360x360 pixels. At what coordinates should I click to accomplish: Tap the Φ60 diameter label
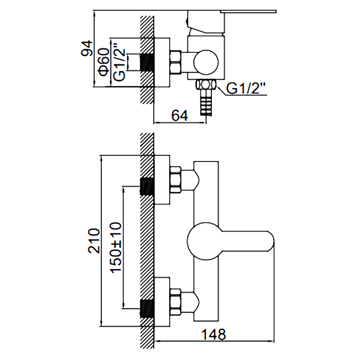click(103, 62)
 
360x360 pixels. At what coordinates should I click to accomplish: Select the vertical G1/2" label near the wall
click(119, 61)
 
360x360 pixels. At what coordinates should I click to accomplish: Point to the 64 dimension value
click(179, 116)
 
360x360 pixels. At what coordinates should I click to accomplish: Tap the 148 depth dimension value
click(214, 334)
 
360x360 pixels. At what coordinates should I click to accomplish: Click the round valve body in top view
click(207, 63)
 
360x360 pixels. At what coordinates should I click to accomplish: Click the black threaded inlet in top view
click(148, 63)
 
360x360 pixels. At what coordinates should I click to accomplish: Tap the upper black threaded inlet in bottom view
click(148, 187)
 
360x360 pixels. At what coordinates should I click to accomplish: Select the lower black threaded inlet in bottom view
click(148, 309)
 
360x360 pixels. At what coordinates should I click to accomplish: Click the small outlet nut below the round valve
click(207, 85)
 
